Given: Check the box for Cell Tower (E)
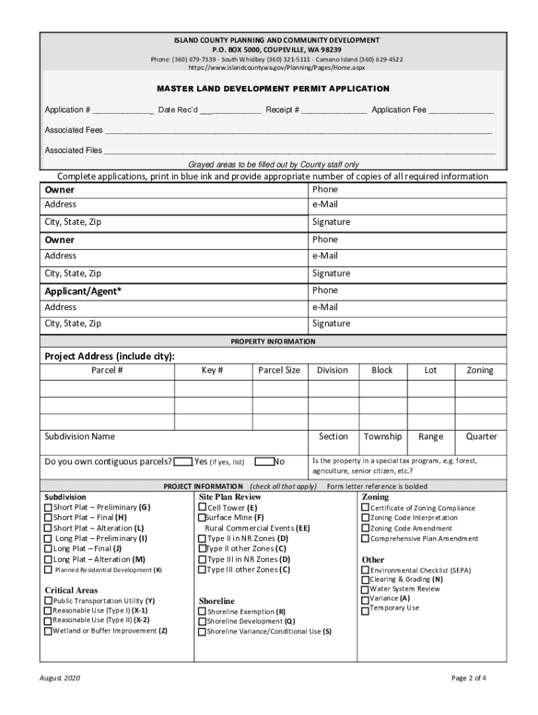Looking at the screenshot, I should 203,508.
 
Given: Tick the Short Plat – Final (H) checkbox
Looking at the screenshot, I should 48,518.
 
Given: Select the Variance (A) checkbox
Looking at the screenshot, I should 365,599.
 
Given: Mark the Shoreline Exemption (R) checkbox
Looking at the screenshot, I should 202,612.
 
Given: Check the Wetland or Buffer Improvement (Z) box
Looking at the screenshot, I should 48,631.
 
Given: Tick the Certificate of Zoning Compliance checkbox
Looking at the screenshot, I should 365,508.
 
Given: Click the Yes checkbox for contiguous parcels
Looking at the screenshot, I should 183,462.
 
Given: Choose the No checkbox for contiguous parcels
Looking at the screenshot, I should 264,462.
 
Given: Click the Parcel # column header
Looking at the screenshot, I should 107,370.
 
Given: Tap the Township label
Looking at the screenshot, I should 383,436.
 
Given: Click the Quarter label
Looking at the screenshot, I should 481,436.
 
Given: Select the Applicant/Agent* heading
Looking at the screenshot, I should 83,291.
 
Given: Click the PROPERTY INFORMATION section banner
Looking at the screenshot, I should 273,341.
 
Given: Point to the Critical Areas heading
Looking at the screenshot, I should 71,590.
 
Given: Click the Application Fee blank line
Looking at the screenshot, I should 461,110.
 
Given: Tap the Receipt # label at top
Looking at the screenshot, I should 282,110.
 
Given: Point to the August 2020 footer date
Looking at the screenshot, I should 60,678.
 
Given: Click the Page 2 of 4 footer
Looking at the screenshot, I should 469,678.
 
